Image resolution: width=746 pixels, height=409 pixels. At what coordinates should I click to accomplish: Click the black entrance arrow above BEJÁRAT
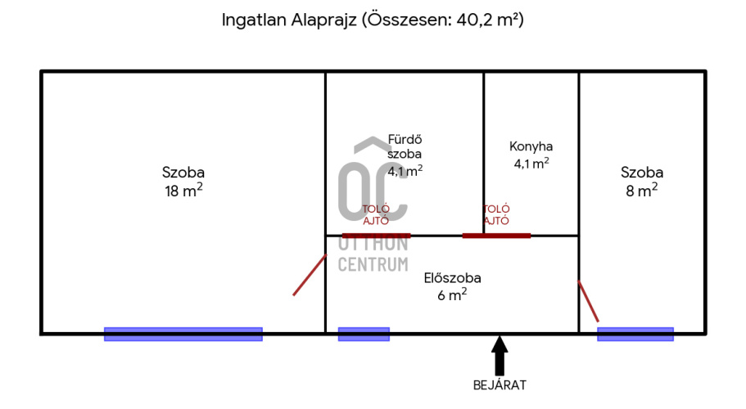pyautogui.click(x=499, y=356)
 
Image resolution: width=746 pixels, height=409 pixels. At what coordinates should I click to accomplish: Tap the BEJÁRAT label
pyautogui.click(x=500, y=385)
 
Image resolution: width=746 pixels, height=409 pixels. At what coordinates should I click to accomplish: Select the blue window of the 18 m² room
pyautogui.click(x=183, y=334)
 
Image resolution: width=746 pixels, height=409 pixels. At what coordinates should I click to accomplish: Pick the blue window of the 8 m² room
pyautogui.click(x=635, y=334)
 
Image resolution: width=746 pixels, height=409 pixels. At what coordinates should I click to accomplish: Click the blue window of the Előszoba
pyautogui.click(x=364, y=334)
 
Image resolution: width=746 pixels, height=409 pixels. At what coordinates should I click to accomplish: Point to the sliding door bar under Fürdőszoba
pyautogui.click(x=377, y=236)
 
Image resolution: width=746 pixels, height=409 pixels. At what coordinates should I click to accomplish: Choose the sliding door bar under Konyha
pyautogui.click(x=496, y=236)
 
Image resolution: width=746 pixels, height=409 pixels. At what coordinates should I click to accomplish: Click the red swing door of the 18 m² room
pyautogui.click(x=310, y=275)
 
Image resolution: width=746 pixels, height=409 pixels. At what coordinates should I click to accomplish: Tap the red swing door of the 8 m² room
pyautogui.click(x=589, y=301)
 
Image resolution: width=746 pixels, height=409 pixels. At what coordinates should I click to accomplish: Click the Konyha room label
pyautogui.click(x=531, y=146)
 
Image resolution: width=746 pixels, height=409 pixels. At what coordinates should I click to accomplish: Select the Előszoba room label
pyautogui.click(x=453, y=278)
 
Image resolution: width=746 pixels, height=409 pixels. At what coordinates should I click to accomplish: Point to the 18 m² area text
pyautogui.click(x=183, y=191)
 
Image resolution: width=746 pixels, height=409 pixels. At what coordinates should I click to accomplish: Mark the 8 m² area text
pyautogui.click(x=642, y=191)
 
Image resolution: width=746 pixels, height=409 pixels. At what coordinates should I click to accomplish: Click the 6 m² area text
pyautogui.click(x=452, y=295)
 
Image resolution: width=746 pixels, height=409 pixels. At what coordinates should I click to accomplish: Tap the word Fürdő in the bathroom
pyautogui.click(x=405, y=140)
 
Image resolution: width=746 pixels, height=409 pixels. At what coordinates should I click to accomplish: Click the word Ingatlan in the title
pyautogui.click(x=254, y=20)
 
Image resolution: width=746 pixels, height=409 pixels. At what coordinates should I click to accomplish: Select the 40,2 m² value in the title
pyautogui.click(x=488, y=20)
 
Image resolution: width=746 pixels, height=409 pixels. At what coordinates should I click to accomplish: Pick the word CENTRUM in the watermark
pyautogui.click(x=373, y=264)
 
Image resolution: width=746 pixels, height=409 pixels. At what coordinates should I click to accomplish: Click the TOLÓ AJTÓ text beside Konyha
pyautogui.click(x=496, y=214)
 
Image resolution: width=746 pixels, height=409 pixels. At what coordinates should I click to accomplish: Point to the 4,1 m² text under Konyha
pyautogui.click(x=531, y=164)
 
